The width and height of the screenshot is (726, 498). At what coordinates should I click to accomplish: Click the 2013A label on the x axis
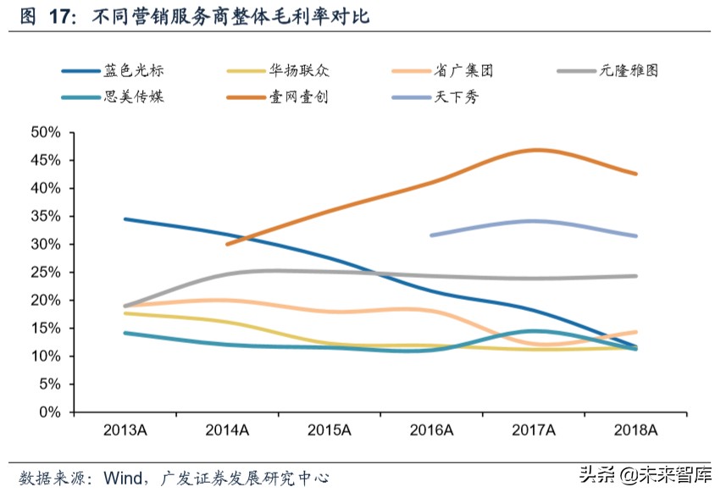coord(125,430)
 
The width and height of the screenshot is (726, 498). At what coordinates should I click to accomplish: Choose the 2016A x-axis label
coord(431,430)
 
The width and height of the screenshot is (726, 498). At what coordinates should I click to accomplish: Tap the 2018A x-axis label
coord(635,430)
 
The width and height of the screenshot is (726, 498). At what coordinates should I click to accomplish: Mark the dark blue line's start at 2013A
coord(125,219)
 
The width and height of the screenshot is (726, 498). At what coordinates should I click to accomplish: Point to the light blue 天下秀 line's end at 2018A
coord(635,236)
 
